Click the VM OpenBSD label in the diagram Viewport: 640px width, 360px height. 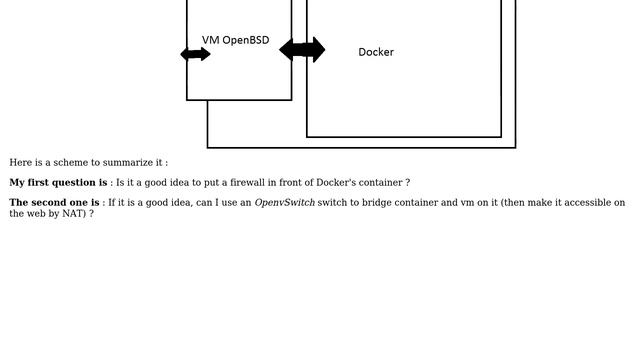click(x=235, y=40)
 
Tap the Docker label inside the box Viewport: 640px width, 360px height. click(x=376, y=52)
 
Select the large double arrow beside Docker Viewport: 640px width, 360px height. click(x=302, y=49)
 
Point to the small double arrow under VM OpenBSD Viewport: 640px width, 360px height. click(x=195, y=54)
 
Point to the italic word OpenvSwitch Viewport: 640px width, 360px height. click(x=284, y=203)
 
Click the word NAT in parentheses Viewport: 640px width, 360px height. click(x=73, y=213)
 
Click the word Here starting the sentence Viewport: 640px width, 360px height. click(x=20, y=162)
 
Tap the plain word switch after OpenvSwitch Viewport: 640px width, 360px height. click(x=332, y=203)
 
